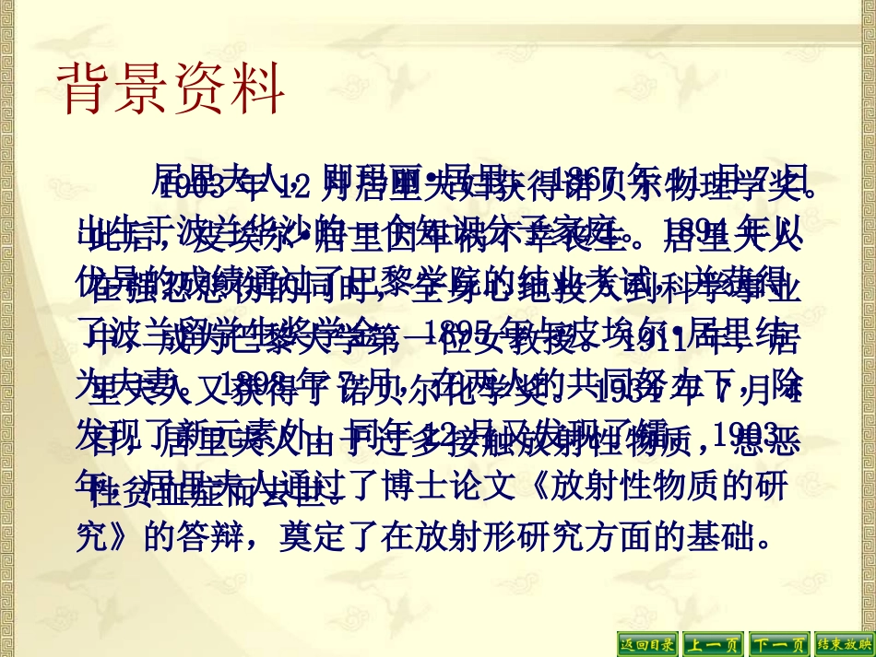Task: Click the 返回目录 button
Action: click(x=646, y=644)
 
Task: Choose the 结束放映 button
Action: click(x=843, y=644)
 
